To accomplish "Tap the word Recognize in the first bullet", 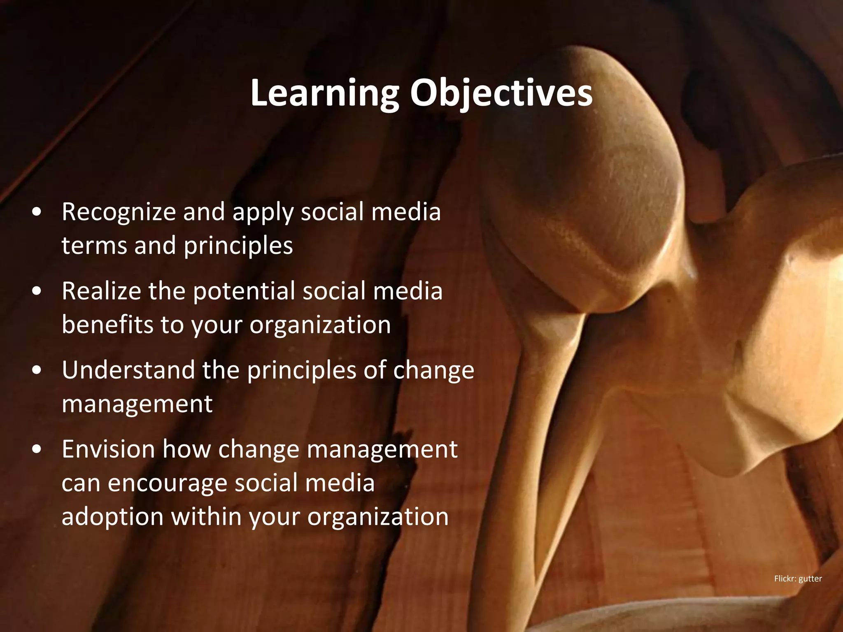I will click(119, 212).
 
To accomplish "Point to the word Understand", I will click(128, 370).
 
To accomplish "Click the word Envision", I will click(108, 449).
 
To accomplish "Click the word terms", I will click(95, 246).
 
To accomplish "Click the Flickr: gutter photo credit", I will click(798, 579).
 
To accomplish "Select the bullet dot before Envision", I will click(37, 450).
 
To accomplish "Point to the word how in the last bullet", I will click(186, 449).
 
